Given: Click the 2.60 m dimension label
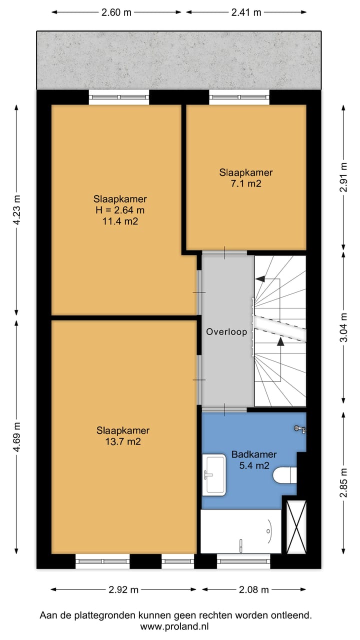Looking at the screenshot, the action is [x=116, y=12].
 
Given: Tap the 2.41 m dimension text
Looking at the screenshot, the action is [x=246, y=12].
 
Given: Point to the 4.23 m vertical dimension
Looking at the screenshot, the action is [x=17, y=210].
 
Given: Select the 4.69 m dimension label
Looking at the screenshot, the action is [x=17, y=437].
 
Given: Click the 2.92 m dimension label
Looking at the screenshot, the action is [x=123, y=589].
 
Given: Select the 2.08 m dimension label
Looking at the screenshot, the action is [x=253, y=589].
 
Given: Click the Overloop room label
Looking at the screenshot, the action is [x=226, y=331].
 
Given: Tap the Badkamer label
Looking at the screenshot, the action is [x=254, y=454].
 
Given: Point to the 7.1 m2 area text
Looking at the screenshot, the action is [x=246, y=183].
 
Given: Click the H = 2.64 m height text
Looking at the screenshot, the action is [x=120, y=210].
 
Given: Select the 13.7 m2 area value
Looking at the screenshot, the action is [x=123, y=441].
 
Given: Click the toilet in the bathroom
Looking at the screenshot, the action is [x=285, y=475].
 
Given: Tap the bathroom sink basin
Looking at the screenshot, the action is [x=214, y=475].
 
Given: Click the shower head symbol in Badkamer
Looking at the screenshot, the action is [x=299, y=429].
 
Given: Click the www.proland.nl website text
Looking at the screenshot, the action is [x=174, y=627].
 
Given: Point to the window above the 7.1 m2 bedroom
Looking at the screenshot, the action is [x=239, y=97].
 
